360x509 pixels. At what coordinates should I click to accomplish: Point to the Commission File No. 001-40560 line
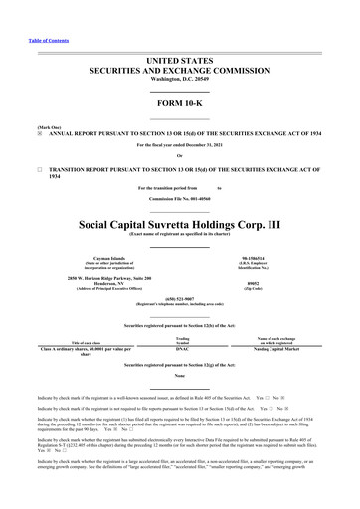[180, 199]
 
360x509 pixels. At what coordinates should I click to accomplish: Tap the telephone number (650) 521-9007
[180, 299]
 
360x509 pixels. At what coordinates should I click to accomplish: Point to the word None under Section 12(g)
[180, 375]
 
